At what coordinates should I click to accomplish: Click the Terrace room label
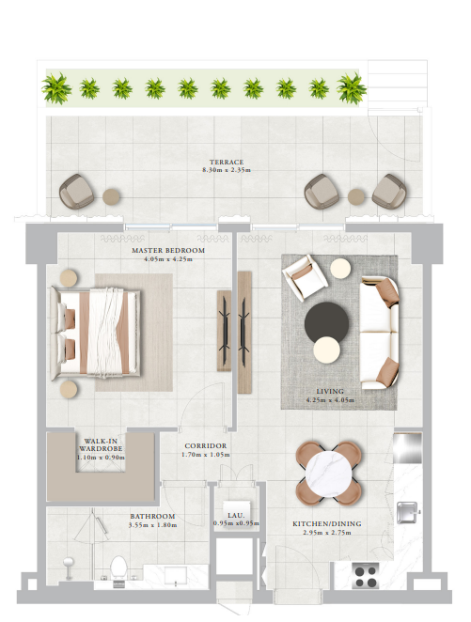pos(227,162)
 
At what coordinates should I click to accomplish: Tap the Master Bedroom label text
pos(168,250)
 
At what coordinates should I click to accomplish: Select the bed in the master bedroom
pos(95,331)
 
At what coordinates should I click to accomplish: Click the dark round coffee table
pos(326,323)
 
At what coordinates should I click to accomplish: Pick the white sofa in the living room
pos(379,333)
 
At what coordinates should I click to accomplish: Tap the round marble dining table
pos(328,473)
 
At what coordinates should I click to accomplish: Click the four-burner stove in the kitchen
pos(366,576)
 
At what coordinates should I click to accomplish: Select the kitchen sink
pos(408,512)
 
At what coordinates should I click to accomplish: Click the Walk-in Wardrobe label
pos(101,444)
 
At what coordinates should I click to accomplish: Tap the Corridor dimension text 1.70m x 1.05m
pos(206,455)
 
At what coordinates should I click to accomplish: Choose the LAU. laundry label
pos(236,515)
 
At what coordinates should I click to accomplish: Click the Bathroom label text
pos(152,516)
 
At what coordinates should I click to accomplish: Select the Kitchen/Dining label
pos(327,523)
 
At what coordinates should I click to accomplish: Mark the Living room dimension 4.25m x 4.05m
pos(330,400)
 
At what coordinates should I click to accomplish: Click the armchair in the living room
pos(305,276)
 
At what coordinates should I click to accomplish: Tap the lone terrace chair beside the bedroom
pos(76,191)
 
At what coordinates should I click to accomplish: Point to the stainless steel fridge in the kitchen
pos(407,448)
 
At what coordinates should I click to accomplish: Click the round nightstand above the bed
pos(69,278)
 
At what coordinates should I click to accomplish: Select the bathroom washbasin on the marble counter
pos(176,576)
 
